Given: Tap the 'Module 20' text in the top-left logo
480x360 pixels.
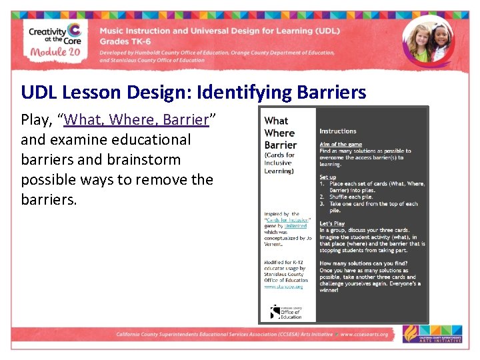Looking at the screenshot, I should point(55,52).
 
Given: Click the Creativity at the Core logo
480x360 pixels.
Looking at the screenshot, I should point(55,39).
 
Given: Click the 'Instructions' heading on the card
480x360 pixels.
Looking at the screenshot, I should point(337,131).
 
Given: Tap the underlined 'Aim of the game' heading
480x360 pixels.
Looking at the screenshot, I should point(341,145).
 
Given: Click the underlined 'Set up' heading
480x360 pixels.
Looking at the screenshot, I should point(327,177).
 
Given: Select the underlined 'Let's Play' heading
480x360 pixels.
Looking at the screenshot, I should point(332,223).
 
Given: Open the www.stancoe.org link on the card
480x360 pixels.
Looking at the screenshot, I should point(283,286).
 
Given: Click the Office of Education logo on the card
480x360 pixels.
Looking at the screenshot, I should point(286,312).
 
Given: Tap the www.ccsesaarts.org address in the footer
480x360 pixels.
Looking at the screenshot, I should point(365,334).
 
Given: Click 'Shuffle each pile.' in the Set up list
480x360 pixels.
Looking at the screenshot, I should point(351,197).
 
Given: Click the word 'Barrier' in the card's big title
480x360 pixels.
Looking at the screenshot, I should point(281,145).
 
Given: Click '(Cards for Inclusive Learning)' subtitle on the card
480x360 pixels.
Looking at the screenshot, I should point(279,163).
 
